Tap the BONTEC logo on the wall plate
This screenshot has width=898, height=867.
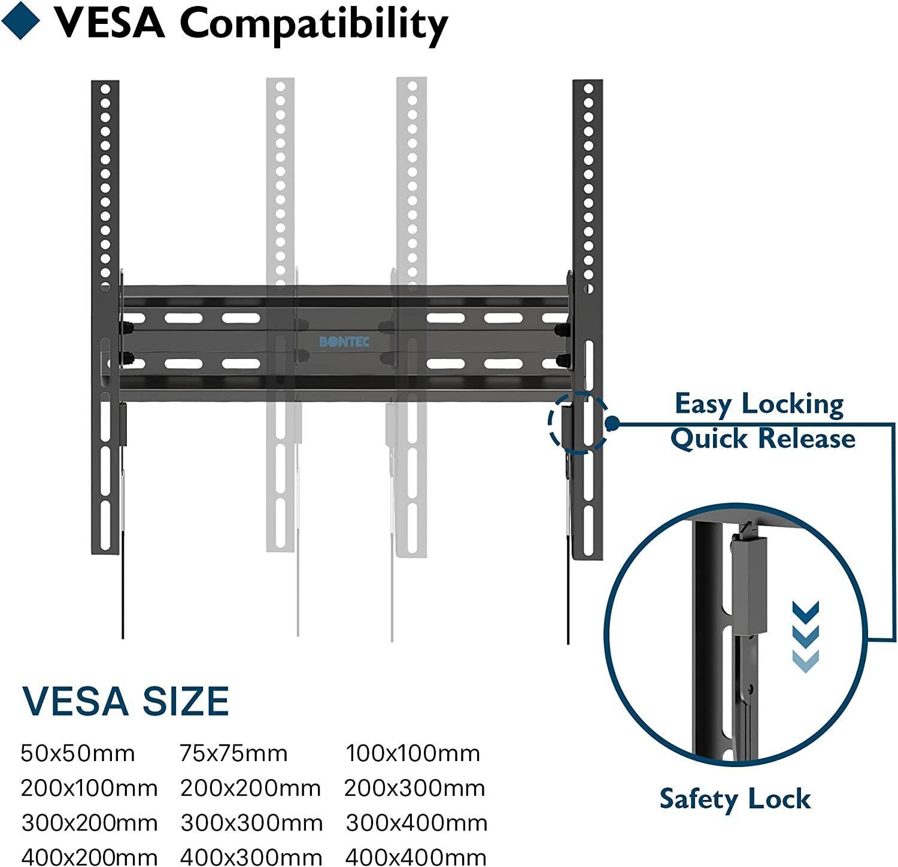tap(344, 342)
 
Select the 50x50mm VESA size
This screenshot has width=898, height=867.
tap(78, 753)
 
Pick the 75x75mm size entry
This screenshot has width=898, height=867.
tap(233, 753)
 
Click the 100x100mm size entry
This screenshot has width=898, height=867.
tap(412, 753)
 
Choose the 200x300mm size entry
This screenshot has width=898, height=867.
tap(414, 789)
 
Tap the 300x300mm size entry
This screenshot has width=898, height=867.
tap(251, 823)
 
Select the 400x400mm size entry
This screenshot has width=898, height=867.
tap(415, 857)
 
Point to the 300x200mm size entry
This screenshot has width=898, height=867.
tap(89, 823)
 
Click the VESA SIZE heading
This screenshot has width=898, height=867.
tap(126, 701)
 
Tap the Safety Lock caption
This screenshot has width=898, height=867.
tap(735, 799)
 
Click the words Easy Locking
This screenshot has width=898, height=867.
tap(759, 404)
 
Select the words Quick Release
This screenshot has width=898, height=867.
tap(762, 439)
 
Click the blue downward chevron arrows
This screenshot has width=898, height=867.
tap(805, 636)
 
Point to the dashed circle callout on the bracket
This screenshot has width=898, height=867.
tap(578, 422)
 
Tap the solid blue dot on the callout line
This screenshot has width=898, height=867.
tap(611, 423)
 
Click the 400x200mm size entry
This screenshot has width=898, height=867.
tap(89, 857)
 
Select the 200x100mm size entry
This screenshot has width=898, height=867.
tap(89, 789)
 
